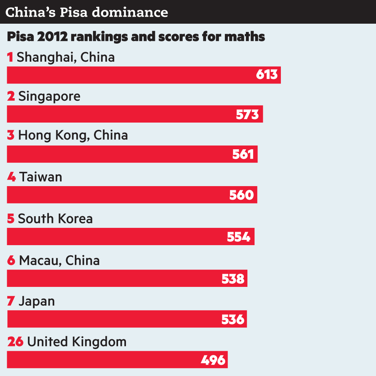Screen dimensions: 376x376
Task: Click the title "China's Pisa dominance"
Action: pos(87,12)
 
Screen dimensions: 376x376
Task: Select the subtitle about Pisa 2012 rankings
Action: pos(136,37)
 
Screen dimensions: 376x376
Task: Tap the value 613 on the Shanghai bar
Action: pos(267,74)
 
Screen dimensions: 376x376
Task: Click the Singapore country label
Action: pos(49,96)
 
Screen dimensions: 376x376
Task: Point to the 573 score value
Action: pos(247,114)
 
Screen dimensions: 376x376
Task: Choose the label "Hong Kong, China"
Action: pos(73,135)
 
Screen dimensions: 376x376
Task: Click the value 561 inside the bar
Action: pos(243,154)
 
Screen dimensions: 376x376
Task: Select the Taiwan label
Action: pos(41,177)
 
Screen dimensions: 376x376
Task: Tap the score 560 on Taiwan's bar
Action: pos(241,195)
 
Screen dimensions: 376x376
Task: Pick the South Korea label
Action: pos(55,219)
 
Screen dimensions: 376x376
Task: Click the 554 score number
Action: pos(238,237)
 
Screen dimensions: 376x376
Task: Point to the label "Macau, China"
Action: pos(59,261)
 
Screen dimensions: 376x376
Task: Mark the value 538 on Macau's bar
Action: pos(233,279)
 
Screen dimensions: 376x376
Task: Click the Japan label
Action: pos(37,301)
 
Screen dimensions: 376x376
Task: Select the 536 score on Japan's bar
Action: pos(233,319)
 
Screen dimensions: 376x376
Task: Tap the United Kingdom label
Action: pos(77,342)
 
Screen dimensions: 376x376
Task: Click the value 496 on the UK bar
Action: pos(213,360)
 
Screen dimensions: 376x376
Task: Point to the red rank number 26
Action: pos(15,342)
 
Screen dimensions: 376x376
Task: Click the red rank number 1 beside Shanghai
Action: pos(11,57)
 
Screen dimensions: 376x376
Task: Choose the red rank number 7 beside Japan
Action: pos(11,301)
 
